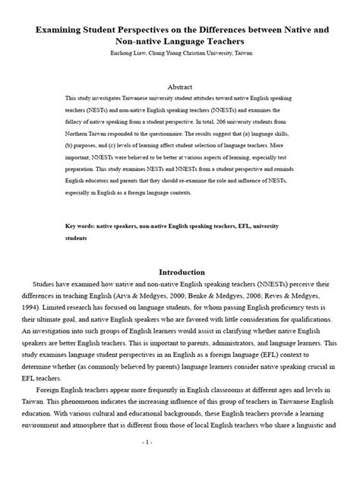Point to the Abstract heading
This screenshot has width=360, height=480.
tap(180, 87)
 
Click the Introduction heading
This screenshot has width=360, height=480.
tap(180, 272)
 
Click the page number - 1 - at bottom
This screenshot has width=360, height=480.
tap(180, 463)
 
